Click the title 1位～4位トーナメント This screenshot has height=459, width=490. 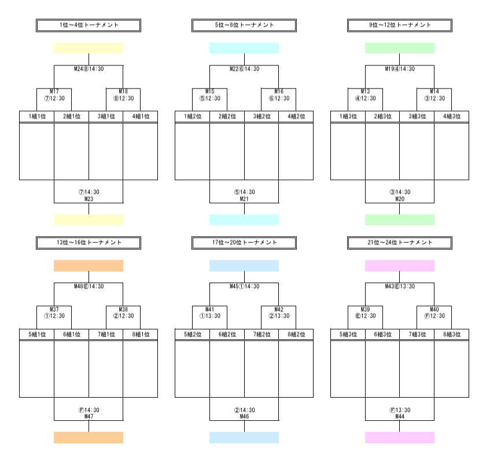click(x=89, y=25)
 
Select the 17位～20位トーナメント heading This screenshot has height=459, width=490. click(x=244, y=243)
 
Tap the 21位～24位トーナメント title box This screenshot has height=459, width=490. click(x=400, y=243)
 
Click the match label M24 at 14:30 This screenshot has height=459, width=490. click(x=89, y=69)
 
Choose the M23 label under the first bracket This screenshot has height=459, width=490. click(x=89, y=199)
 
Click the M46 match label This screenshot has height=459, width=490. click(x=244, y=416)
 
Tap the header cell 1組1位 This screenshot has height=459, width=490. click(x=37, y=116)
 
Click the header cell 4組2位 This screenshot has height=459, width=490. click(x=296, y=116)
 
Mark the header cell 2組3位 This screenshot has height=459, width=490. click(x=382, y=116)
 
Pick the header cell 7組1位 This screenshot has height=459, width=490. click(x=106, y=334)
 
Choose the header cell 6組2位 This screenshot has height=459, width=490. click(x=227, y=334)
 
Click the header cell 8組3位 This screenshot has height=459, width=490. click(x=451, y=334)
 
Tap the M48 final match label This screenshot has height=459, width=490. click(x=89, y=286)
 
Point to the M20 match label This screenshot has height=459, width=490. click(x=400, y=199)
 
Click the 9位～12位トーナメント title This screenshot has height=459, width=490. click(x=400, y=25)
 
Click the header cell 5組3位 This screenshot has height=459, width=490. click(x=348, y=334)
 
